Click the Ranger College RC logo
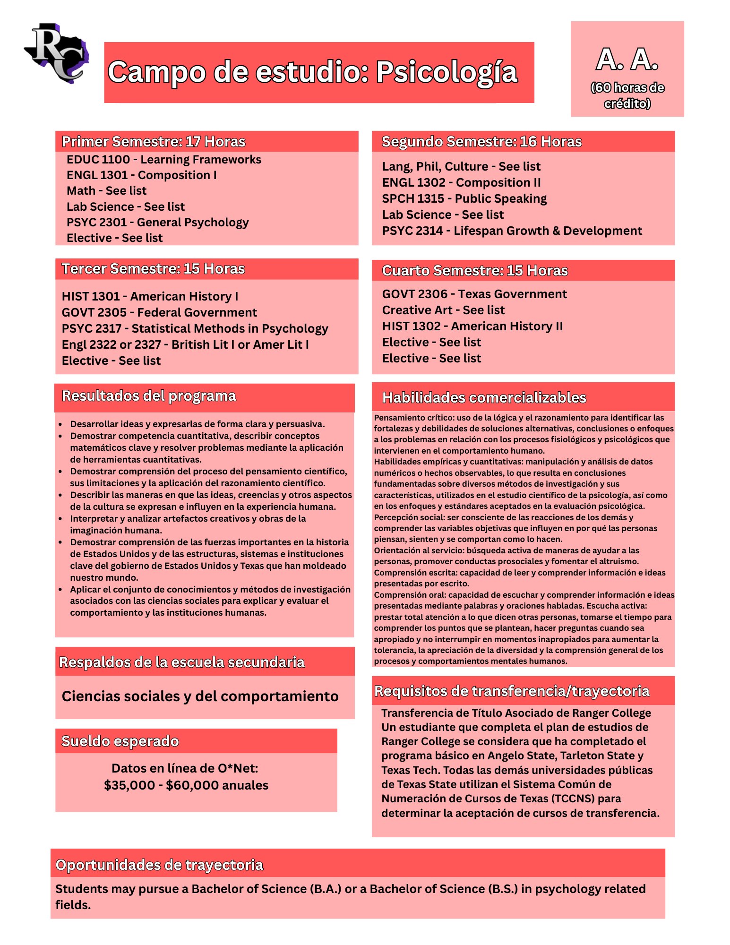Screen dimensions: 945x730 tap(57, 53)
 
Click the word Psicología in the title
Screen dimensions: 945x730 tap(447, 72)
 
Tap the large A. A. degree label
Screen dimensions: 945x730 tap(627, 60)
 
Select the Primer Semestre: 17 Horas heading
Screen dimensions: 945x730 tap(154, 141)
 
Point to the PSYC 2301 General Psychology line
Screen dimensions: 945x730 tap(157, 222)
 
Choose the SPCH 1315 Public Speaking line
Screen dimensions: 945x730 tap(464, 198)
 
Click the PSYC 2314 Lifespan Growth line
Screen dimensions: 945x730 tap(512, 231)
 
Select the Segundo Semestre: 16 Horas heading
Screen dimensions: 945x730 tap(481, 141)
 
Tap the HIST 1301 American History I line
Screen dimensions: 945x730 tap(150, 296)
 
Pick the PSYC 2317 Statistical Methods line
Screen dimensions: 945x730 tap(195, 328)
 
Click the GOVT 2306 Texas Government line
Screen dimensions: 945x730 tap(474, 294)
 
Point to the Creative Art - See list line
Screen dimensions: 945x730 tap(443, 310)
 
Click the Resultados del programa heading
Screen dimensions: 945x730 tap(149, 396)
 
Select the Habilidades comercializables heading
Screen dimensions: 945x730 tap(484, 397)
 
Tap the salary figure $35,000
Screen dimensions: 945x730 tap(129, 785)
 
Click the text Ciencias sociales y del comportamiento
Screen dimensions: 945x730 tap(200, 696)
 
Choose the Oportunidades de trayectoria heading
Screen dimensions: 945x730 tap(159, 865)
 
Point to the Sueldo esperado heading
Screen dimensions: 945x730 tap(120, 741)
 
